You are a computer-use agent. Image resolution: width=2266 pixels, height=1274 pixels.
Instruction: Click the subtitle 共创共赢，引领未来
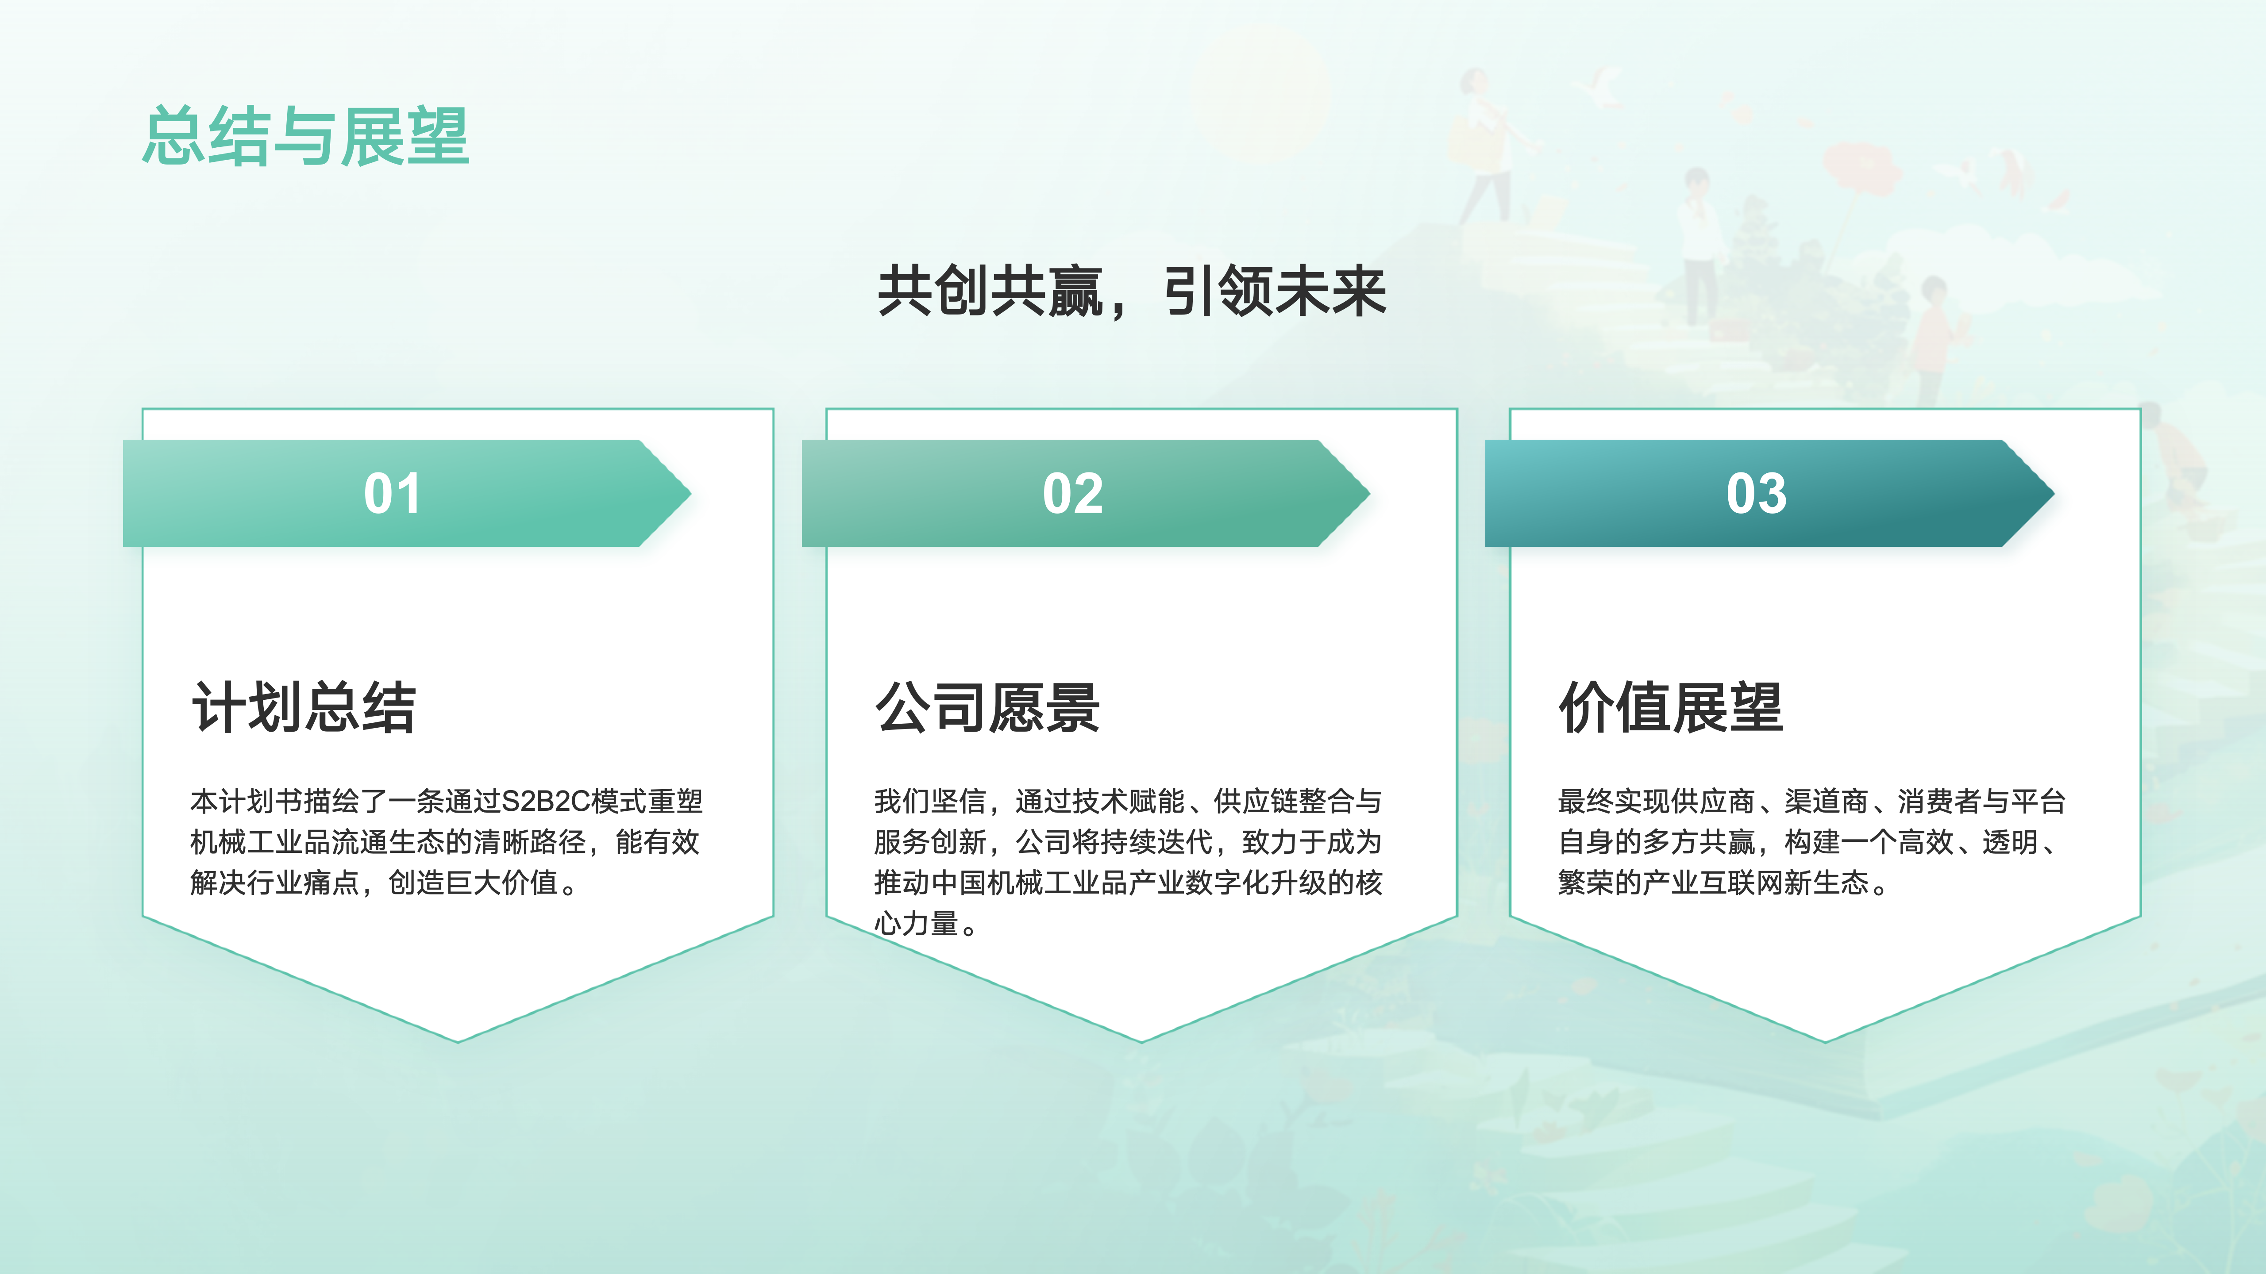click(x=1132, y=291)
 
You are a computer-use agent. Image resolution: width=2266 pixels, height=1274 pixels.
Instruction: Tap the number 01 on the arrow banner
click(x=392, y=493)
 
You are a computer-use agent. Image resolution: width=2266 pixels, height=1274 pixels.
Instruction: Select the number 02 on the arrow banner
click(x=1072, y=493)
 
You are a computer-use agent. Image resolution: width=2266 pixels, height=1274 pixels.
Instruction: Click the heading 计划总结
click(x=304, y=707)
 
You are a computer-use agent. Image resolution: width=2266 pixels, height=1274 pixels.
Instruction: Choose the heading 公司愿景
click(x=987, y=707)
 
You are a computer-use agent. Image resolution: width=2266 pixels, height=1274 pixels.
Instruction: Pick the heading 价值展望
click(x=1670, y=707)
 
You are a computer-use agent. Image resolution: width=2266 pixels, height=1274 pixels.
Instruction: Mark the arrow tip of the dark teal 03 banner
click(x=2054, y=493)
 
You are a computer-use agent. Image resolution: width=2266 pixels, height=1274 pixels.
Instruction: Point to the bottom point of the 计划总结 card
click(x=458, y=1042)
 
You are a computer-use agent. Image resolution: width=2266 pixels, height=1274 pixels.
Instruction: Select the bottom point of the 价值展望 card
click(x=1825, y=1042)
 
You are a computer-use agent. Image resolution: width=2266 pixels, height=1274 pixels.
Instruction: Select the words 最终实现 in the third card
click(x=1614, y=801)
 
